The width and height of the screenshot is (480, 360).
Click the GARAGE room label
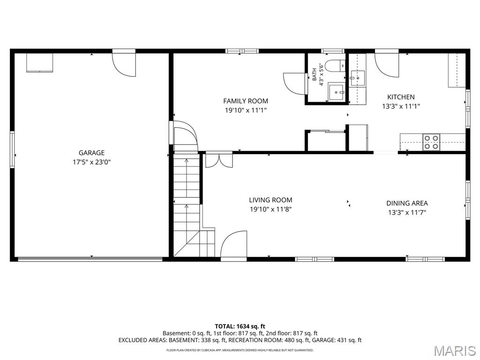click(x=91, y=153)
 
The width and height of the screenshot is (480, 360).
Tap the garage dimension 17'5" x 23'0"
click(x=91, y=162)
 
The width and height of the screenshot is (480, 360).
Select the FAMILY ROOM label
click(x=246, y=101)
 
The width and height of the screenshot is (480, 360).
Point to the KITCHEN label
click(x=401, y=97)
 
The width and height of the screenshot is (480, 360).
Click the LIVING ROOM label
click(x=270, y=200)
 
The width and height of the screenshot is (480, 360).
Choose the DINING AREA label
click(x=407, y=203)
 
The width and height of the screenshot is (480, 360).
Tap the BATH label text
click(x=315, y=75)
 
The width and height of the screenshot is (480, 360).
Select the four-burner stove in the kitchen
click(x=431, y=142)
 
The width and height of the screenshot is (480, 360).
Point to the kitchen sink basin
click(x=358, y=78)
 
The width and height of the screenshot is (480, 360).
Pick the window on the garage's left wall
click(x=12, y=150)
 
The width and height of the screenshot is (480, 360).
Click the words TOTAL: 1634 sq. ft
click(x=240, y=326)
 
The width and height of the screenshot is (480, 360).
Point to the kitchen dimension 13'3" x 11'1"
click(x=401, y=106)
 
